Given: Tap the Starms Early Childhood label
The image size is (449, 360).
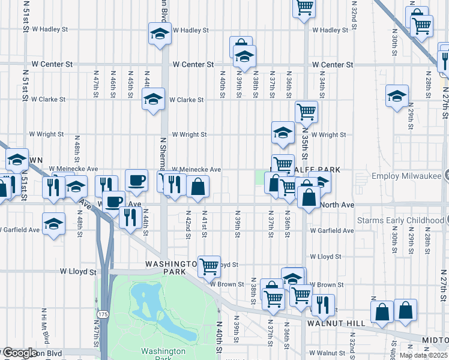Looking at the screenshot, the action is pyautogui.click(x=401, y=220).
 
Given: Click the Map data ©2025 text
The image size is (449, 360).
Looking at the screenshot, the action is pyautogui.click(x=423, y=355).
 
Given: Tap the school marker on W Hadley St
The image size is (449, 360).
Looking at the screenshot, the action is pyautogui.click(x=160, y=34).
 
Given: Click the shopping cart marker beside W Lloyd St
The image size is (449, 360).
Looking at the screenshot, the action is pyautogui.click(x=209, y=266).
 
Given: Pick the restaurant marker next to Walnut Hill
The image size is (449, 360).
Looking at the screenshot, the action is pyautogui.click(x=322, y=304).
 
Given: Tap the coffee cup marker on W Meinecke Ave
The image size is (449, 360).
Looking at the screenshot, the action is pyautogui.click(x=136, y=179).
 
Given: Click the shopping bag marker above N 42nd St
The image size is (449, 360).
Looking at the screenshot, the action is pyautogui.click(x=197, y=187).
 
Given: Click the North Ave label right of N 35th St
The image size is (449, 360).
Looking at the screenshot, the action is pyautogui.click(x=337, y=205).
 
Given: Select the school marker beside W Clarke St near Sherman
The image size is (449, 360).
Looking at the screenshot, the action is pyautogui.click(x=153, y=99).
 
